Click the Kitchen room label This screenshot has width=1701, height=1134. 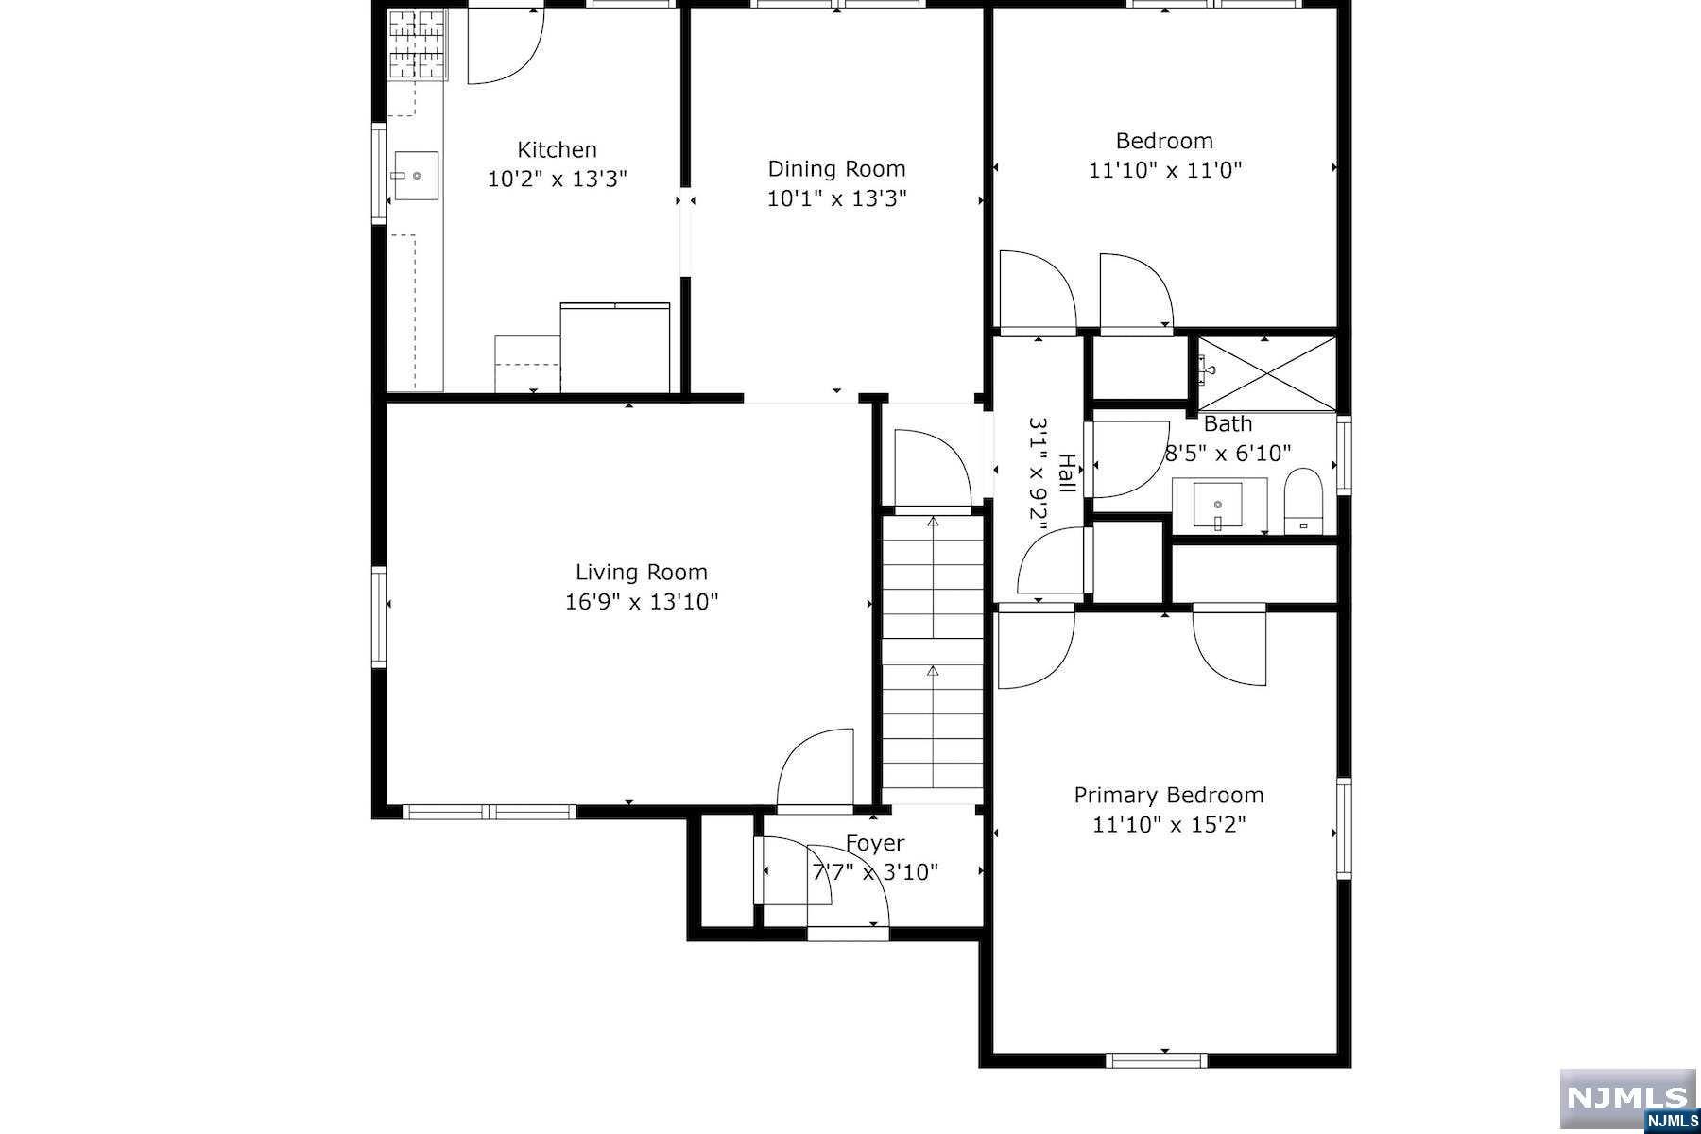(x=557, y=149)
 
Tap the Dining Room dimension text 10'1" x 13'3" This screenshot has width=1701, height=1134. (x=836, y=198)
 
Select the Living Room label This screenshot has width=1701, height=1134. (x=642, y=573)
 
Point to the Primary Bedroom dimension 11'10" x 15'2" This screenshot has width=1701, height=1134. (x=1169, y=825)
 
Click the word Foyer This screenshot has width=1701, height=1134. (x=874, y=843)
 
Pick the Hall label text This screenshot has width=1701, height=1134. (x=1067, y=473)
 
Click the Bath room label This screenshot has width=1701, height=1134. (x=1228, y=424)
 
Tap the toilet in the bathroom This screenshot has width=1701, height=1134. (x=1302, y=501)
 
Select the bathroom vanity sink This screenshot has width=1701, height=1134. (x=1218, y=507)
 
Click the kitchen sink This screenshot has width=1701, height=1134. (x=416, y=176)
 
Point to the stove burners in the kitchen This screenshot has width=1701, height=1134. (x=418, y=43)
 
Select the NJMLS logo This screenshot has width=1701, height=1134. (x=1628, y=1100)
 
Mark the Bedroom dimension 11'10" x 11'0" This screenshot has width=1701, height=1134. (x=1164, y=170)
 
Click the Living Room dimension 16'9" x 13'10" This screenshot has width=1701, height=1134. (x=642, y=602)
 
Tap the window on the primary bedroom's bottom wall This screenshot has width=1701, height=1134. (x=1157, y=1060)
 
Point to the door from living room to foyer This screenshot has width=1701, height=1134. (x=815, y=770)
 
